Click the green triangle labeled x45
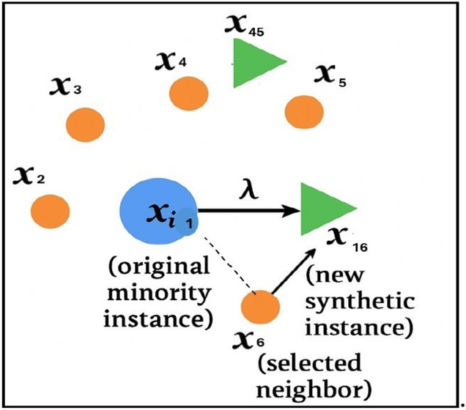(254, 63)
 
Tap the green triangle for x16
(323, 209)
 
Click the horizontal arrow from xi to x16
(249, 211)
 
